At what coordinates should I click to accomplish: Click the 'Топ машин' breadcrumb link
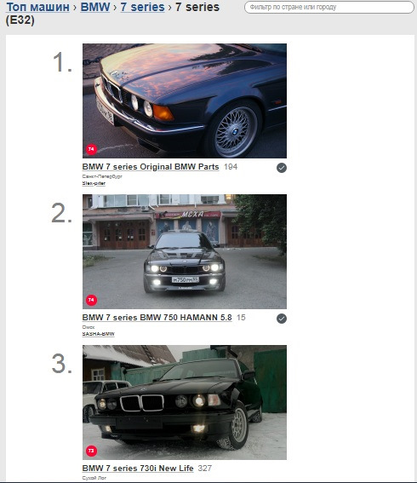(x=37, y=7)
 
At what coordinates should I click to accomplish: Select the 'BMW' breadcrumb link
(x=94, y=7)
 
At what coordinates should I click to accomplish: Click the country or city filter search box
(x=325, y=7)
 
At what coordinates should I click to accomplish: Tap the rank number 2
(x=62, y=213)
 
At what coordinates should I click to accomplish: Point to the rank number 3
(x=62, y=364)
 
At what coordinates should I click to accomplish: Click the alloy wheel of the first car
(x=230, y=130)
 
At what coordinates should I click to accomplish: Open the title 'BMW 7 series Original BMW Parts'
(x=150, y=167)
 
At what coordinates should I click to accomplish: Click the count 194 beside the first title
(x=231, y=167)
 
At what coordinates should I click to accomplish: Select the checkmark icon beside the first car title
(x=282, y=168)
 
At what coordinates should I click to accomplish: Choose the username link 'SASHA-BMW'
(x=98, y=334)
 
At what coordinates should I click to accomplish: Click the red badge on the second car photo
(x=91, y=300)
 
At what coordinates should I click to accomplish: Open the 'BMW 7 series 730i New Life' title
(x=138, y=469)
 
